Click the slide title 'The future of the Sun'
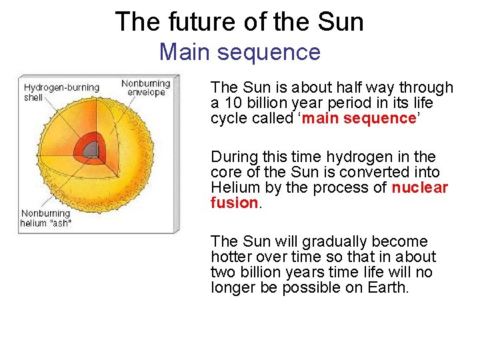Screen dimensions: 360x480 click(239, 21)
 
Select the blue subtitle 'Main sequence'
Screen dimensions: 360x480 click(239, 51)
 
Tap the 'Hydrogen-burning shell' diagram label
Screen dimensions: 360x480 click(61, 92)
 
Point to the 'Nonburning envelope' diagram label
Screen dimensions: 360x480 click(145, 87)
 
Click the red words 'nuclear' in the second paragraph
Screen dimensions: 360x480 click(420, 187)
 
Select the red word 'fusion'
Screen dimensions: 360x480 click(233, 203)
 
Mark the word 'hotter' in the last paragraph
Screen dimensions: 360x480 click(231, 257)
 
